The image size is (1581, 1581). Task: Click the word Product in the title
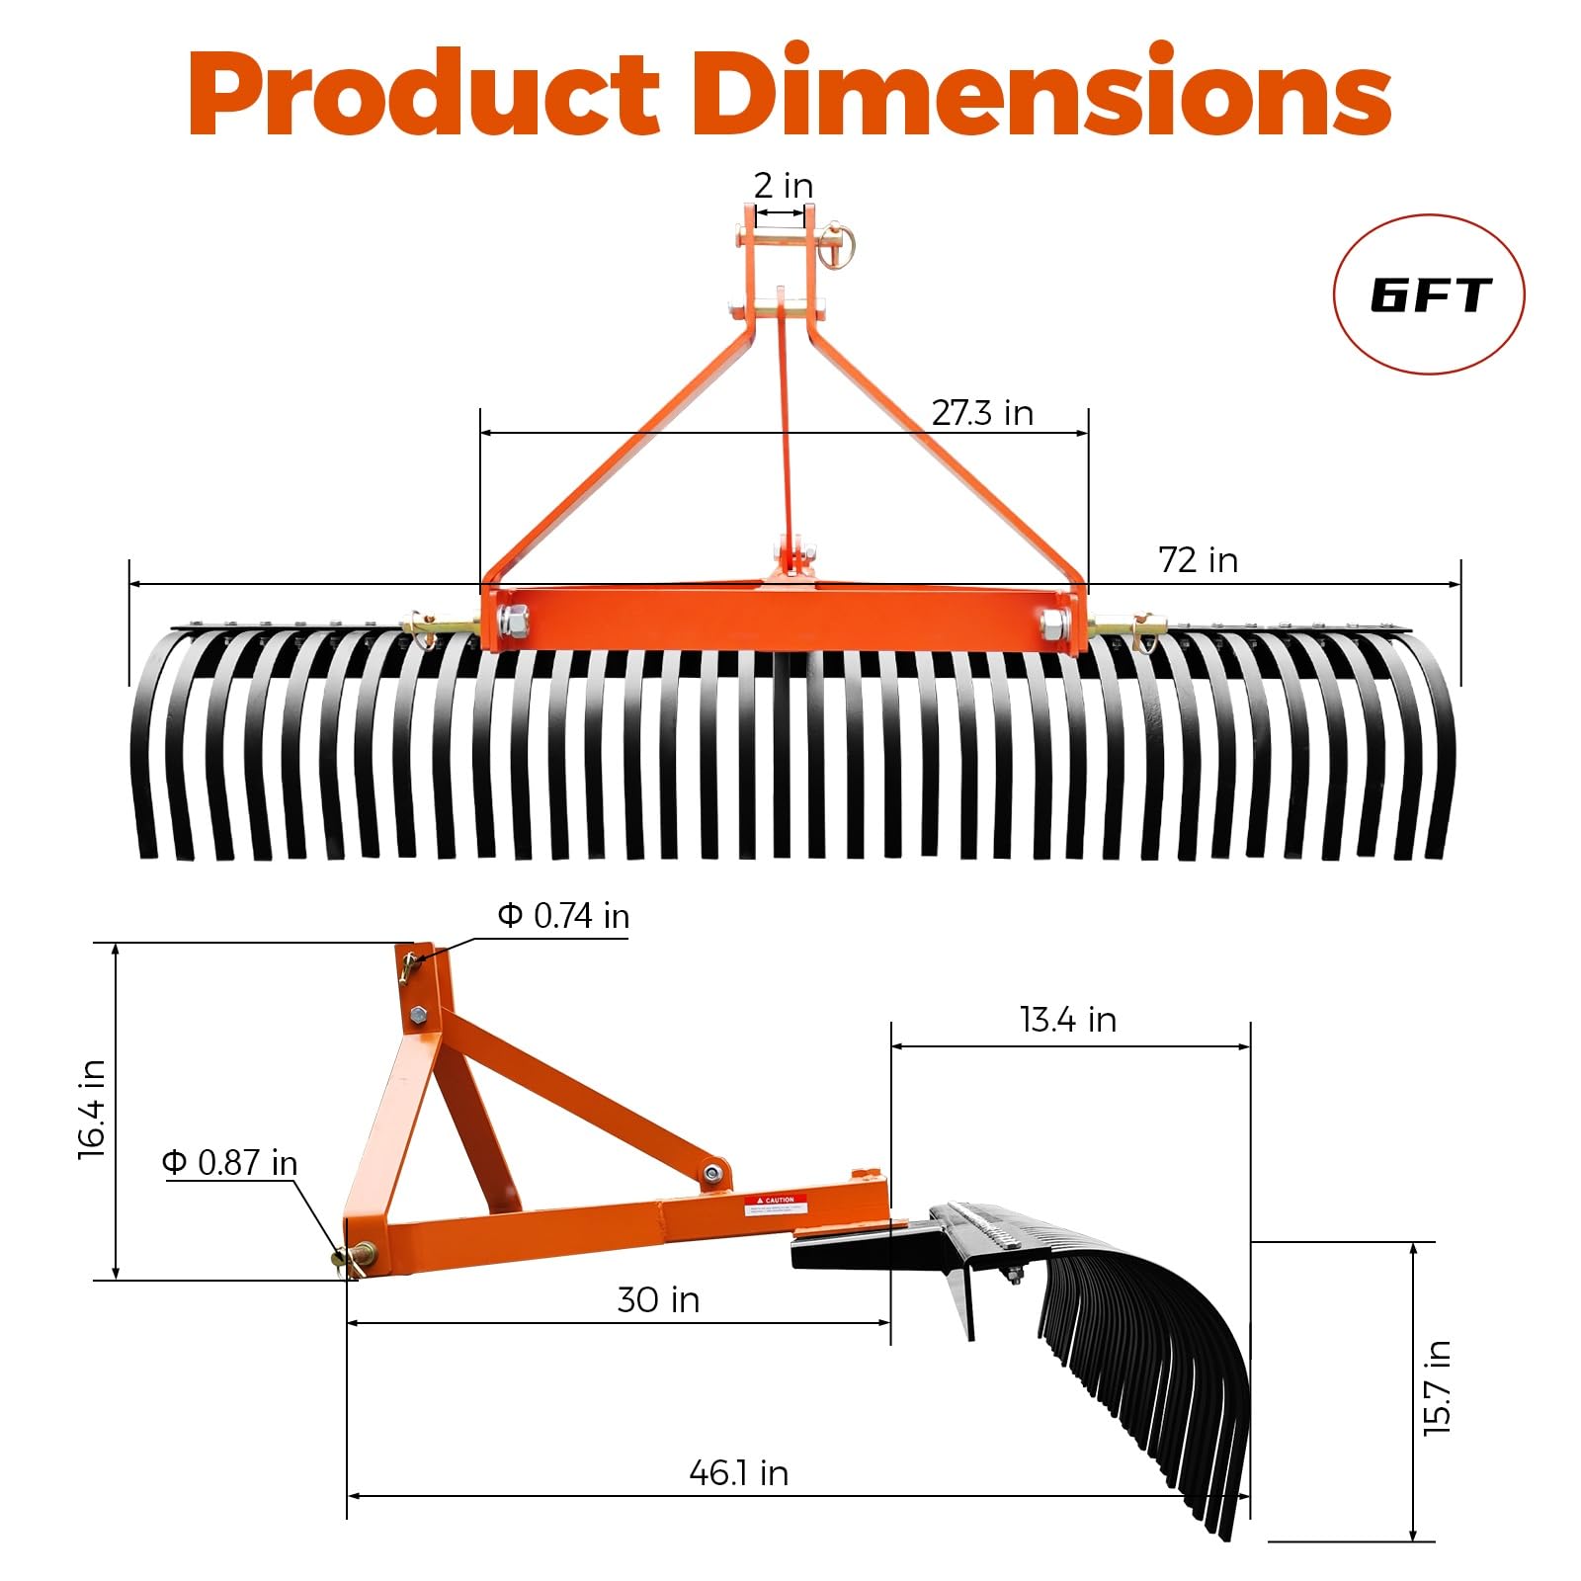423,94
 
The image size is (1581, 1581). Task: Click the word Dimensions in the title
1041,94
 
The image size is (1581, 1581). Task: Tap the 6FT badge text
1429,295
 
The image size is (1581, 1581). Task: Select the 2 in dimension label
783,186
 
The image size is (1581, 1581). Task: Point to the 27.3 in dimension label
982,413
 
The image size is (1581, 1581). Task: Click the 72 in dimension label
1198,560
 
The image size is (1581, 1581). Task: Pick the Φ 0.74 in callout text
563,916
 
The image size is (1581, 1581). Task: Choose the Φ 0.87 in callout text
230,1163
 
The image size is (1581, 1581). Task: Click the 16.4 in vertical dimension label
92,1109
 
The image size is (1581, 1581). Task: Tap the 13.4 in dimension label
1068,1020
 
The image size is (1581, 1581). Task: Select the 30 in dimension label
658,1299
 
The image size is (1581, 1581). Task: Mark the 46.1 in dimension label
739,1473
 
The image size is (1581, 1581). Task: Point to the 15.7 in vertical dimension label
1437,1387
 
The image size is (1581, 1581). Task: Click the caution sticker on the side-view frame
776,1205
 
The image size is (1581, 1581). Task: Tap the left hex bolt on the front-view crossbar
514,623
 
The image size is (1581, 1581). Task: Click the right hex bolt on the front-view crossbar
1053,624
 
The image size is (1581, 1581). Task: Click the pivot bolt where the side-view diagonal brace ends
712,1174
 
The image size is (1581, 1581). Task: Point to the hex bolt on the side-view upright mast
418,1014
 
